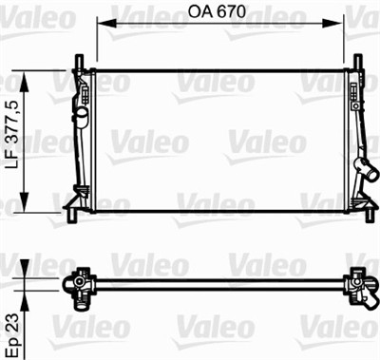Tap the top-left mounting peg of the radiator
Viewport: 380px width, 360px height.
[x=79, y=66]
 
